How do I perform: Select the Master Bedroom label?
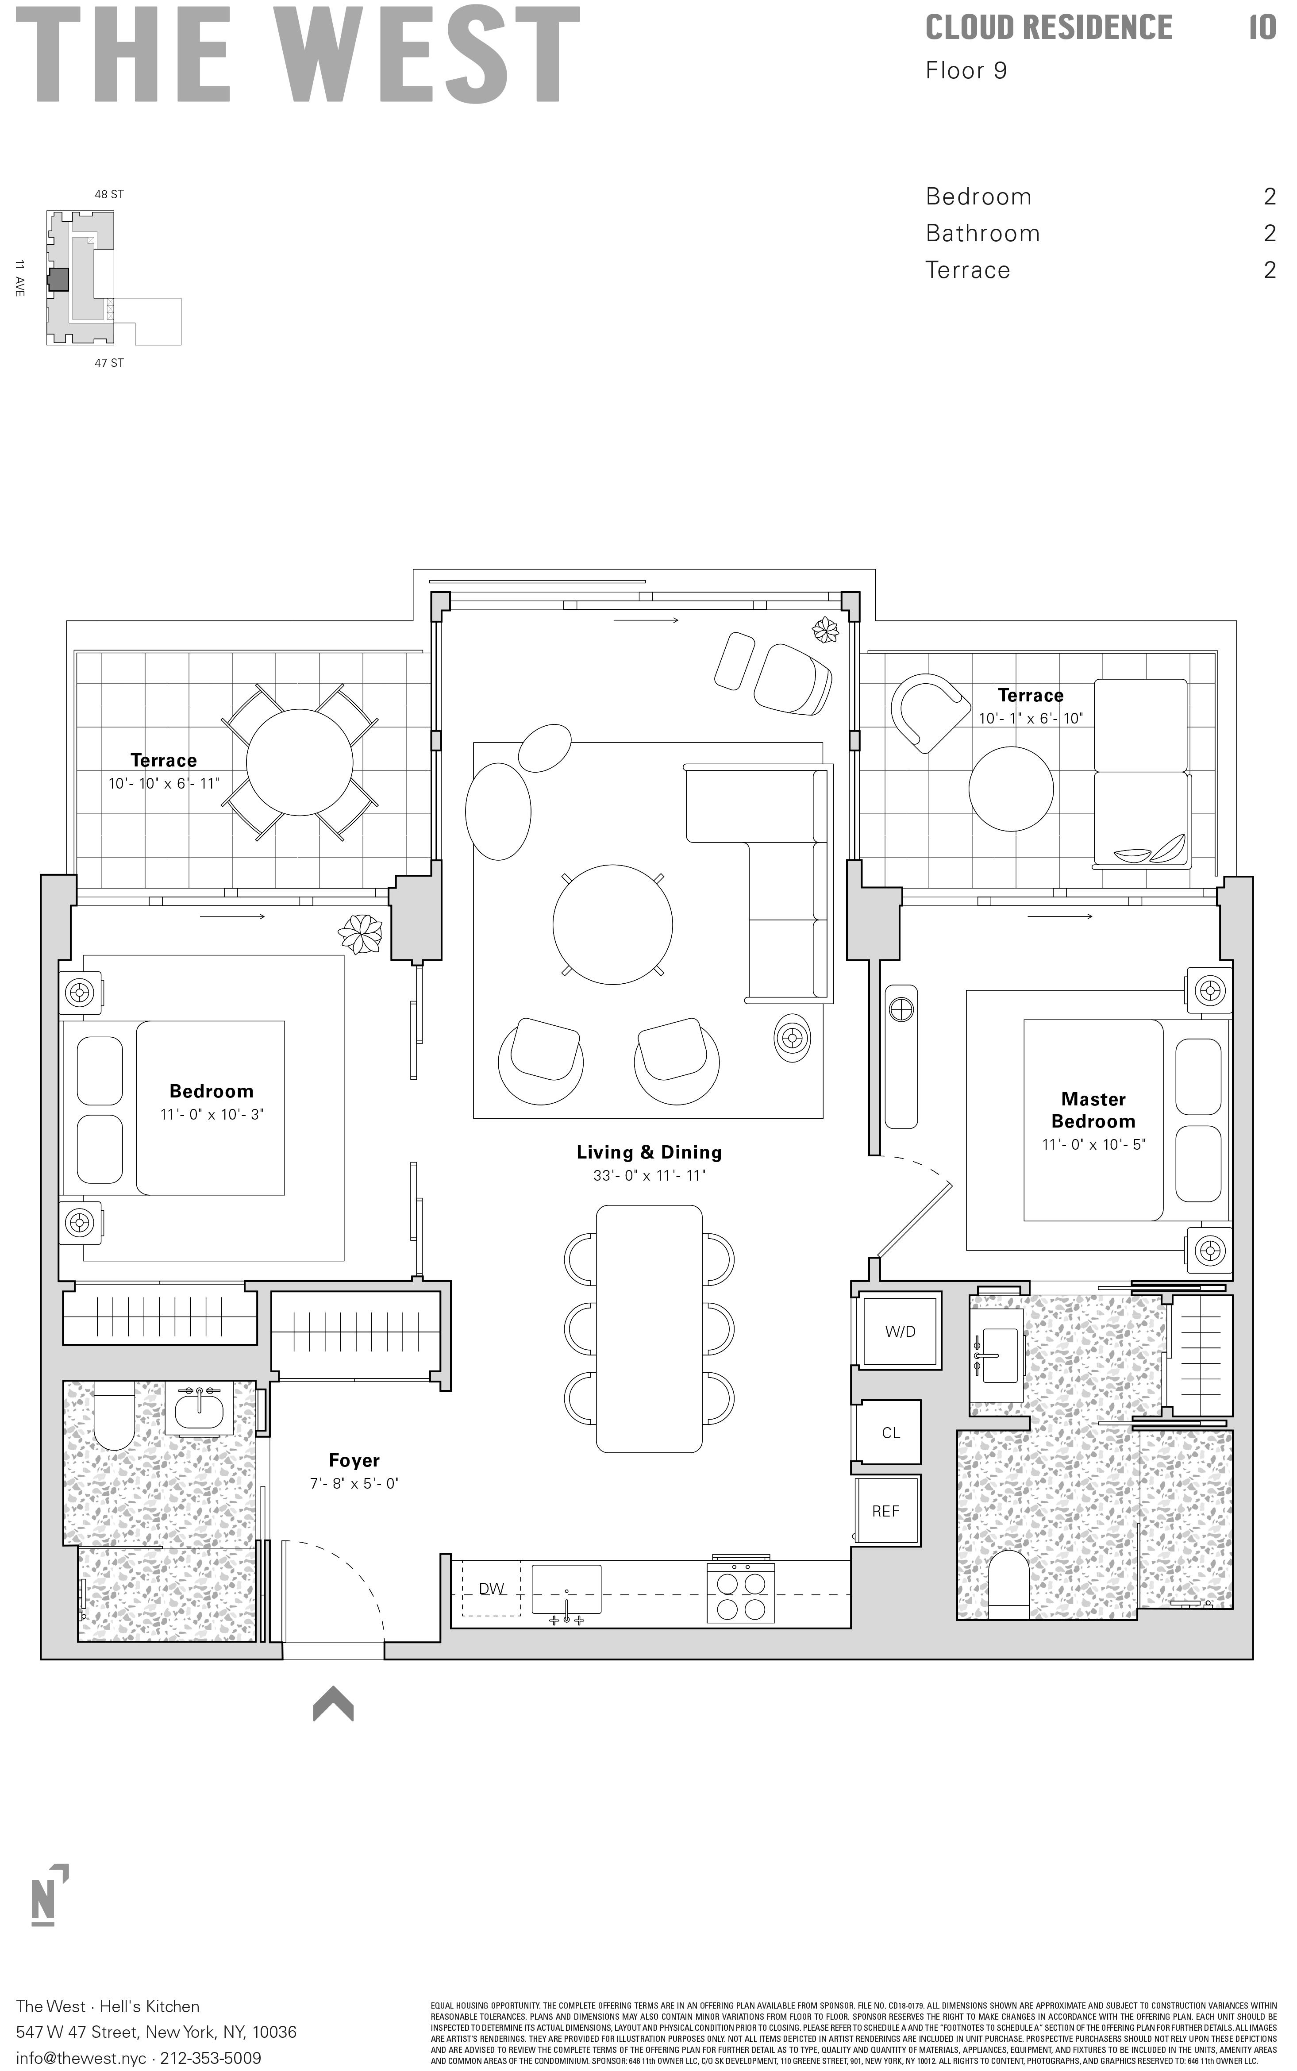pos(1093,1110)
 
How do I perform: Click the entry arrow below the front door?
pos(333,1705)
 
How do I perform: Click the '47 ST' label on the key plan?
pos(109,363)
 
